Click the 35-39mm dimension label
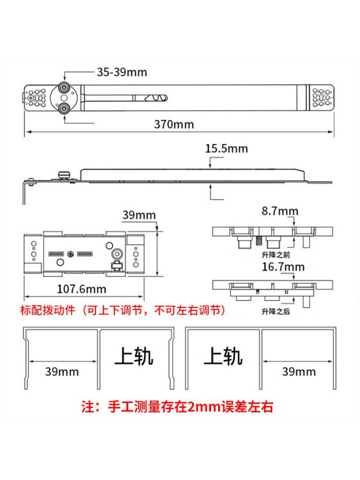pos(122,72)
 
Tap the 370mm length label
pos(174,124)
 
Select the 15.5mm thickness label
pos(226,148)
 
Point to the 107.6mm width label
pos(82,289)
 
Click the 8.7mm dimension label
pos(280,211)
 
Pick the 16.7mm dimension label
pos(283,266)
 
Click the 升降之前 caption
pos(275,254)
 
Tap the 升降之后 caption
pos(275,311)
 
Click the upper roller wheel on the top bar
pos(64,88)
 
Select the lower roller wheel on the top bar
pos(64,109)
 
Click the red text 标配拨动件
pos(48,310)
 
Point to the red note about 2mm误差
pos(177,407)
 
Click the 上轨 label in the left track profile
pos(133,356)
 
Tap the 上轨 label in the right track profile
pos(223,356)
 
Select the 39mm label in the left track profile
pos(62,371)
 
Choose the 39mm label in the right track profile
pos(299,371)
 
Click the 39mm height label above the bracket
pos(139,215)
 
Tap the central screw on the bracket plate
pos(70,254)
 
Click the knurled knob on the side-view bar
pos(64,175)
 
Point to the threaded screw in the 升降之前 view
pos(259,241)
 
